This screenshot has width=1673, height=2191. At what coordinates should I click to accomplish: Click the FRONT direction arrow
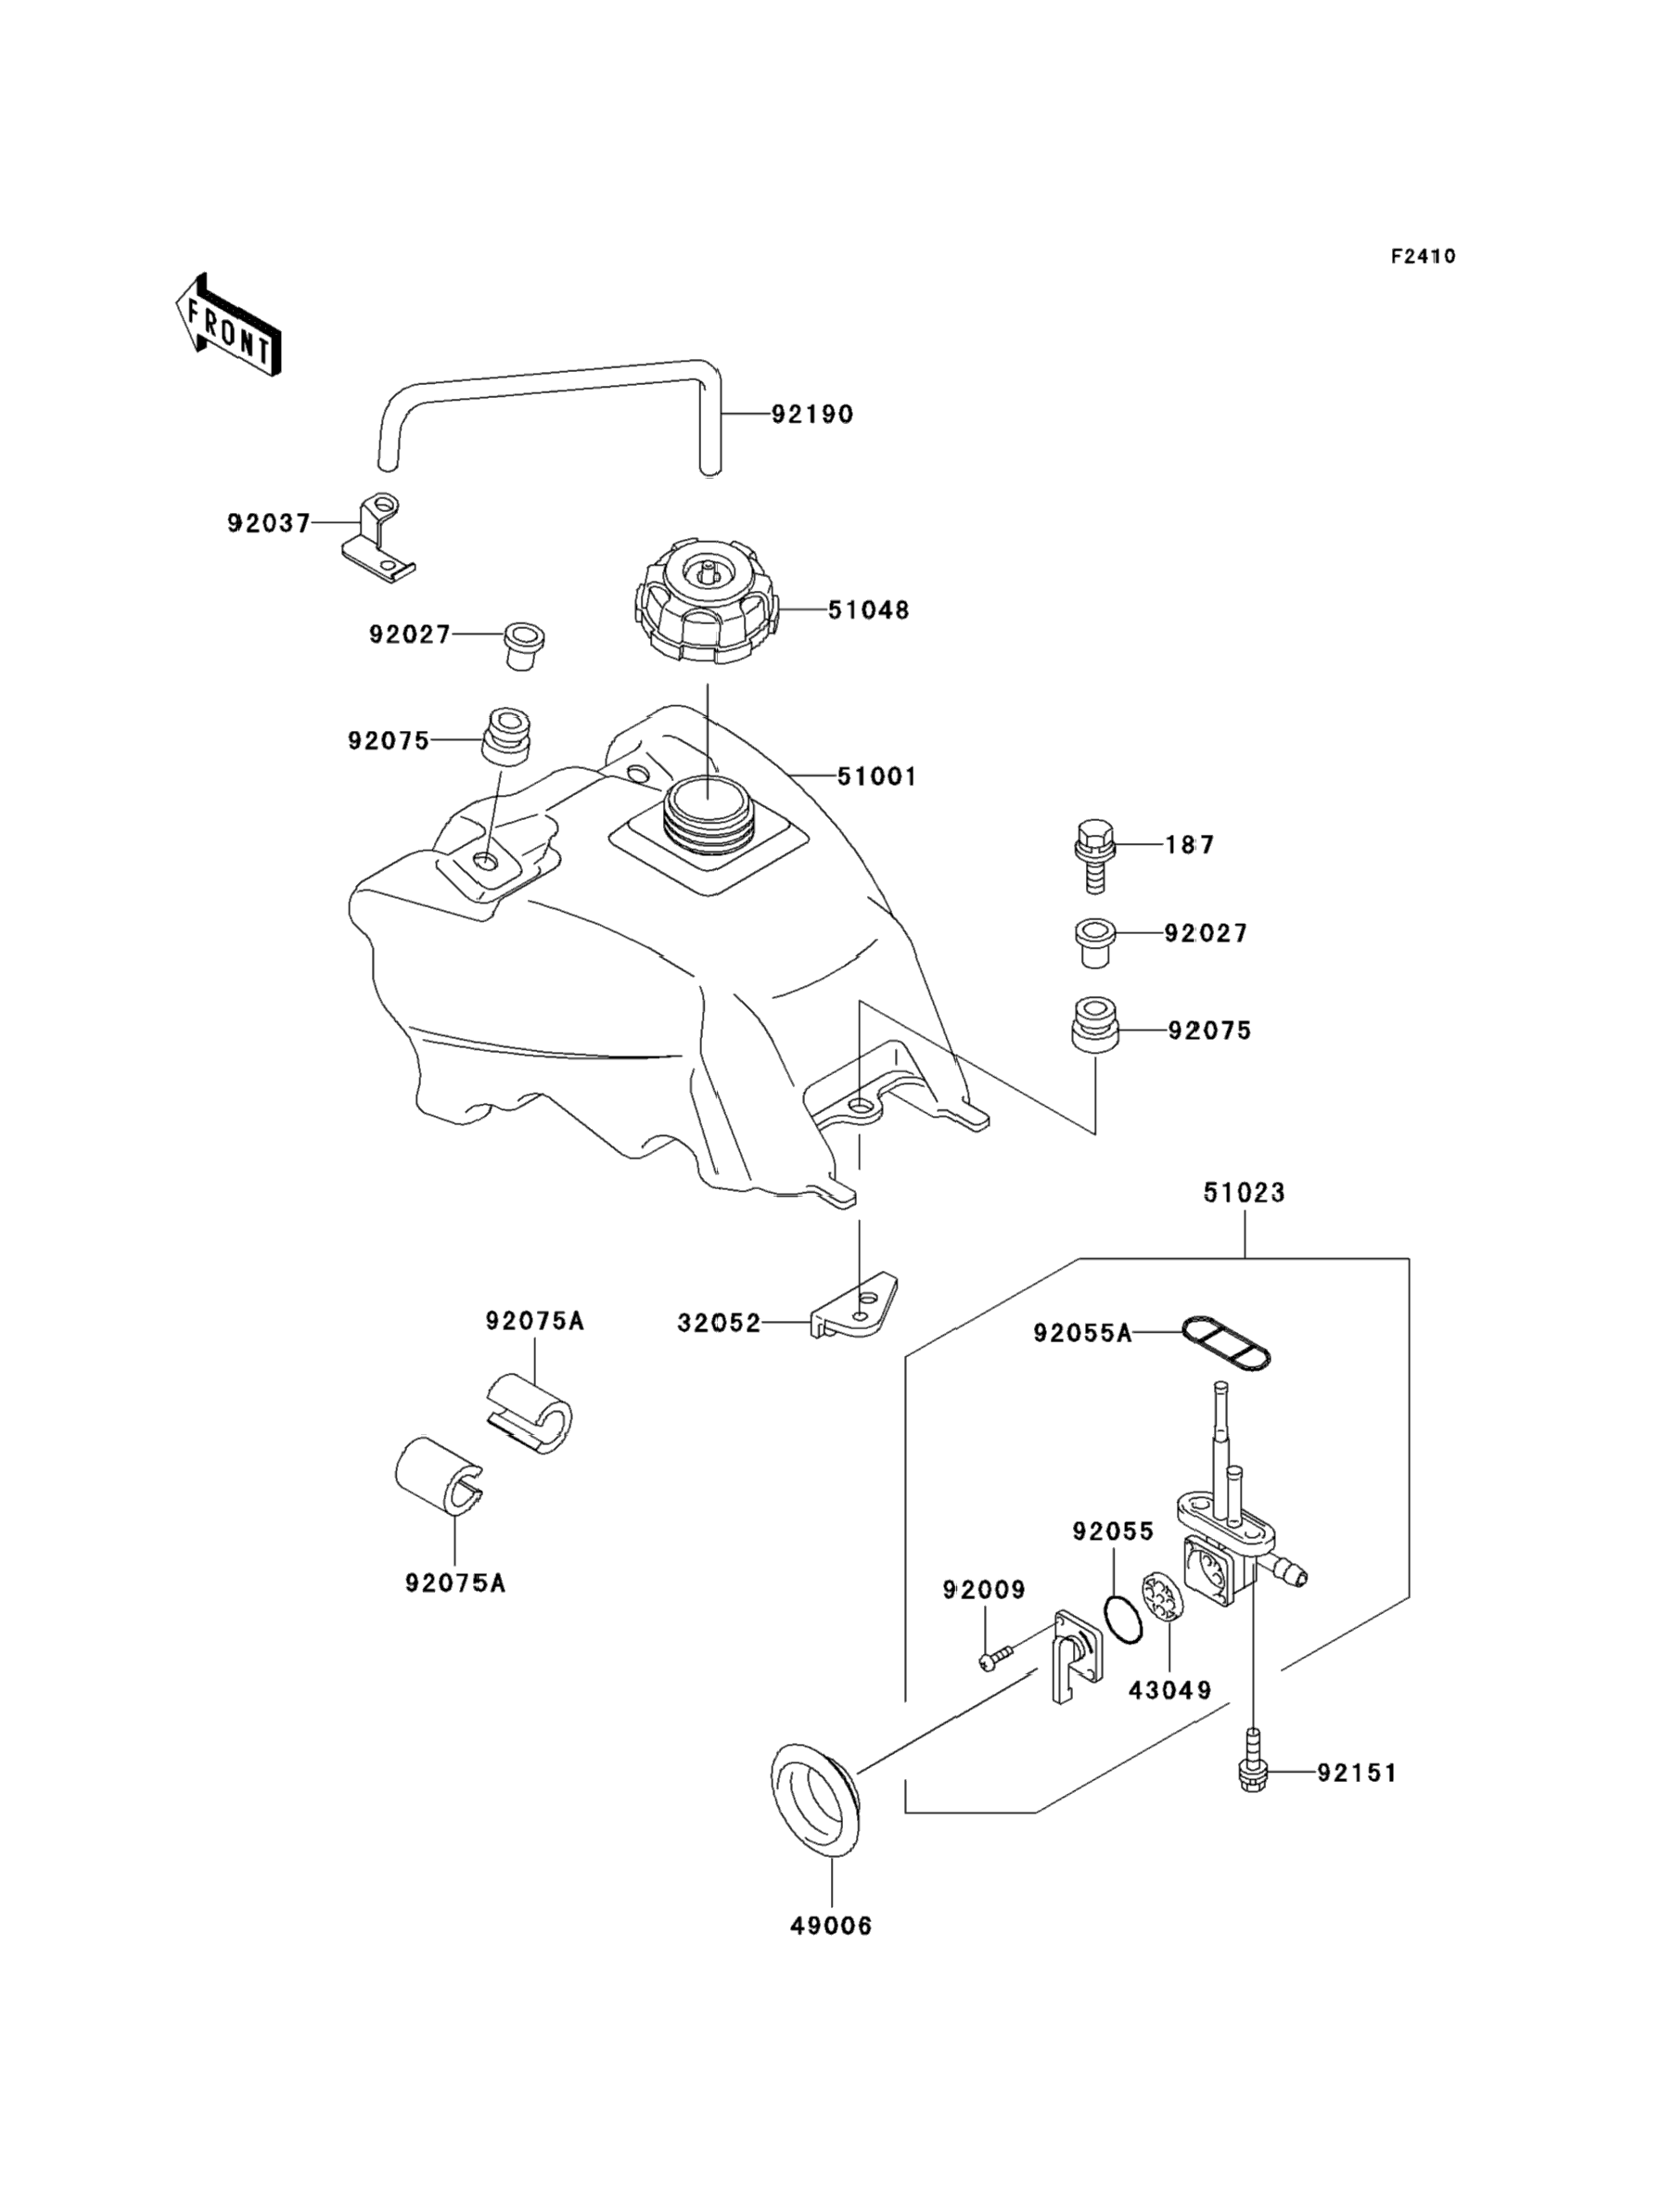point(227,326)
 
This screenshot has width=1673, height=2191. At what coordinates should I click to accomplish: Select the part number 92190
point(812,415)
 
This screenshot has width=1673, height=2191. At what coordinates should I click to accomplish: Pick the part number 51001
point(876,775)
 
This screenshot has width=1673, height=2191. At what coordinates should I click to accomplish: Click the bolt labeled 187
point(1094,855)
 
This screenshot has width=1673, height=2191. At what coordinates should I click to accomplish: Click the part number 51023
point(1244,1192)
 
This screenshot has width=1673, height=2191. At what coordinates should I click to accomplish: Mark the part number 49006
point(831,1926)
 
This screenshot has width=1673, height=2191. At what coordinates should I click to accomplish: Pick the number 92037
point(269,523)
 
